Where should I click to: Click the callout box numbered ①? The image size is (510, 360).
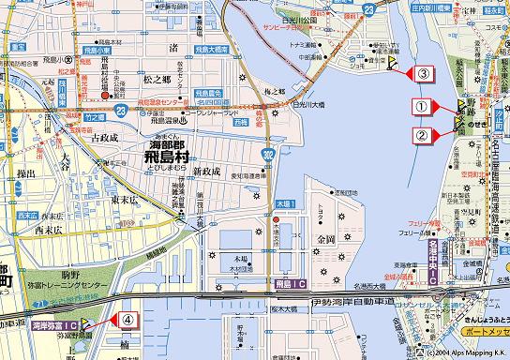[x=422, y=108]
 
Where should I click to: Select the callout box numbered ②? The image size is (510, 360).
[x=422, y=134]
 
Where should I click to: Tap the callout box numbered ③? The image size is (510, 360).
[x=424, y=73]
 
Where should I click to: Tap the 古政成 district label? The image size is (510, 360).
[x=104, y=138]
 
